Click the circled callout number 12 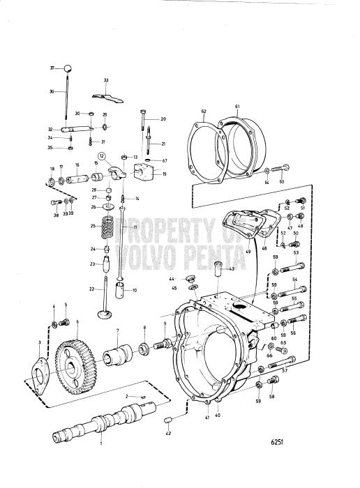pyautogui.click(x=102, y=157)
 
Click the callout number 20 pyautogui.click(x=163, y=119)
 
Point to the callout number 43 pyautogui.click(x=231, y=270)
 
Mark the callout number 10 pyautogui.click(x=135, y=289)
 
